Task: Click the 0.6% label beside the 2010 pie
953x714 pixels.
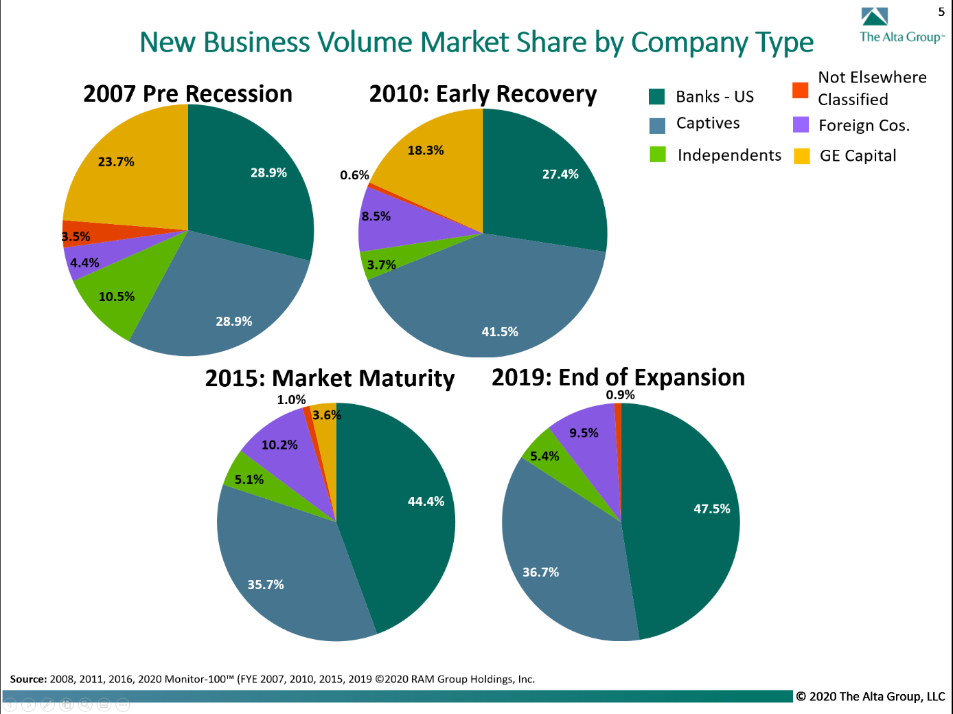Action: coord(354,175)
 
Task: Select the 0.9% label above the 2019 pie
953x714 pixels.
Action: coord(620,395)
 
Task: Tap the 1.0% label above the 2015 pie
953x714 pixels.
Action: coord(291,400)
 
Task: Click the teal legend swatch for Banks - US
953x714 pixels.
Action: coord(657,97)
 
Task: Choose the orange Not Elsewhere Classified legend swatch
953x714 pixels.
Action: coord(801,90)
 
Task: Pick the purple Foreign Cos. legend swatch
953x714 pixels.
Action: coord(801,125)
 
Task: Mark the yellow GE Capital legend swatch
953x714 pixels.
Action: coord(801,156)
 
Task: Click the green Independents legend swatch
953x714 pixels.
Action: coord(658,155)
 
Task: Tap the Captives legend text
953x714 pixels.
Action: coord(708,124)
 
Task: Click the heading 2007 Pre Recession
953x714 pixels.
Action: coord(187,93)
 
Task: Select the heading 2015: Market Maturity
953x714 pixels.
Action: coord(330,379)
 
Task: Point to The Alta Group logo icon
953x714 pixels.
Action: coord(875,17)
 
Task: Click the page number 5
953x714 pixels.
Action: coord(941,12)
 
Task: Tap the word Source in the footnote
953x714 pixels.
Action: coord(27,679)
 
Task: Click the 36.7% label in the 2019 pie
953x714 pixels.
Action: coord(540,572)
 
